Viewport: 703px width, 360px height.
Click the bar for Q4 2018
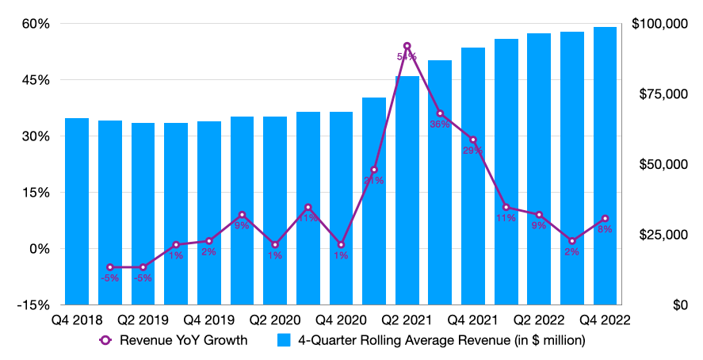point(77,211)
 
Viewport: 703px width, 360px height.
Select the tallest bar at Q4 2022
point(606,166)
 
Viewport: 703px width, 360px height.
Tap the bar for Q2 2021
point(407,190)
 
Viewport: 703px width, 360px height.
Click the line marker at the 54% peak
point(407,46)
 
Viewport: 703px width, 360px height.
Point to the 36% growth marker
point(440,113)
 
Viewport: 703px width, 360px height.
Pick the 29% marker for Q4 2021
point(473,140)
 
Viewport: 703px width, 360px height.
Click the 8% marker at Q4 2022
point(606,218)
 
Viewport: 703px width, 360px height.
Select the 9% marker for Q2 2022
point(539,215)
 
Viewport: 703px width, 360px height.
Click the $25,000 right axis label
point(663,235)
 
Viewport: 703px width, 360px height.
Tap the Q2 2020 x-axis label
point(275,320)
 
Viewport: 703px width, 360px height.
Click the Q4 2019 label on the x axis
point(209,320)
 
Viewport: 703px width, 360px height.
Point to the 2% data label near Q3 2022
point(571,252)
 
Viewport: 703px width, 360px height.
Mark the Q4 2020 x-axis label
point(341,320)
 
